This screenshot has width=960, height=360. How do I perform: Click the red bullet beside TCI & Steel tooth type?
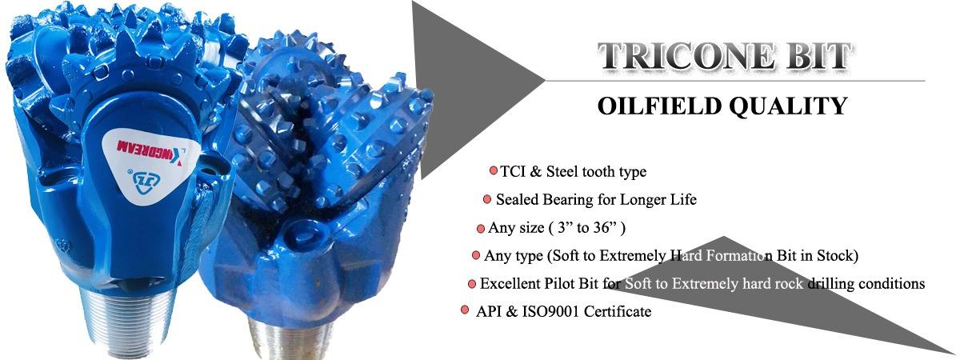494,170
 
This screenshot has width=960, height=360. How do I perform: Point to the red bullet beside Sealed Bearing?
487,199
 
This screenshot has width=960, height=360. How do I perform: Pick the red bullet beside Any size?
481,228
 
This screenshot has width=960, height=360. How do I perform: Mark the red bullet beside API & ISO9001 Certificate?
465,310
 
